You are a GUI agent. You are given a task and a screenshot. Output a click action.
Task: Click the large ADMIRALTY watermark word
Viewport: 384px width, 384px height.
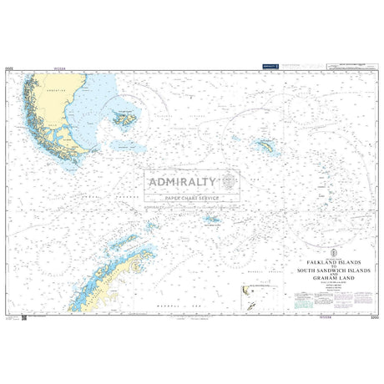[x=181, y=181]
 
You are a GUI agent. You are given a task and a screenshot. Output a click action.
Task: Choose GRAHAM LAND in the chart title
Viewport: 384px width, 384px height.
[x=332, y=280]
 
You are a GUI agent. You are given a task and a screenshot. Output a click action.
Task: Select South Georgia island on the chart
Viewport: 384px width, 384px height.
[x=269, y=146]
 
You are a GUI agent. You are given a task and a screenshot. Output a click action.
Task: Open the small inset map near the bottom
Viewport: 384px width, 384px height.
[x=251, y=292]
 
